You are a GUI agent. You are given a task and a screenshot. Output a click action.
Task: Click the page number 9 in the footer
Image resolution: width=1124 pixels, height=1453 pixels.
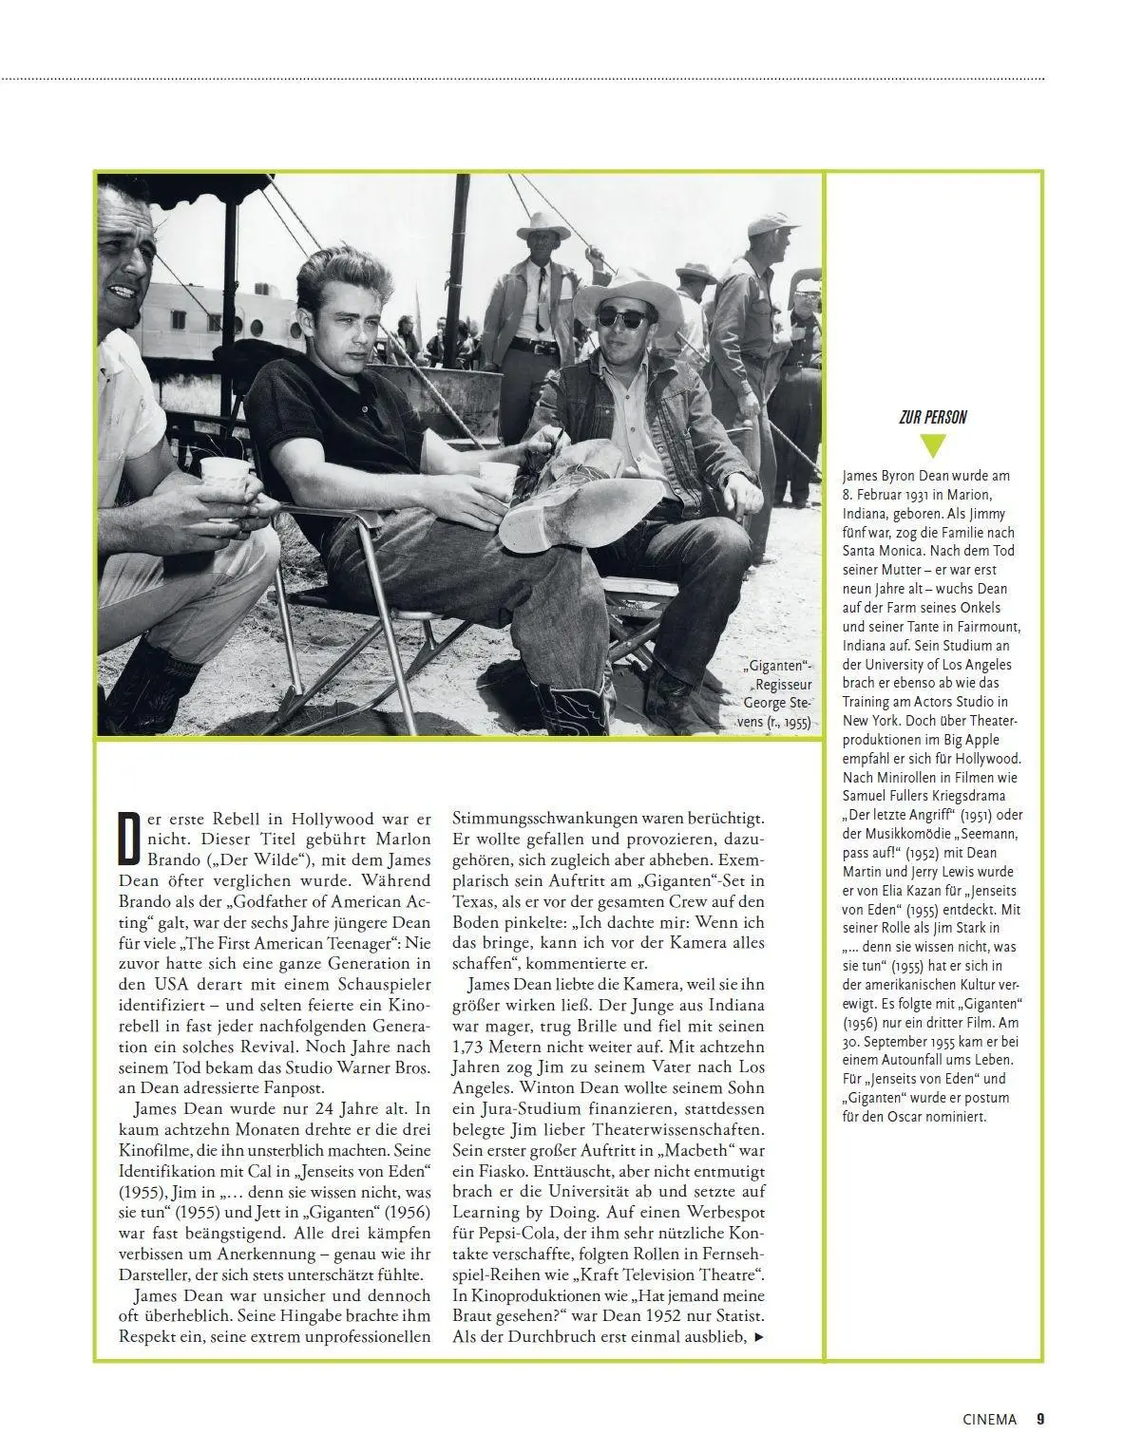[1040, 1419]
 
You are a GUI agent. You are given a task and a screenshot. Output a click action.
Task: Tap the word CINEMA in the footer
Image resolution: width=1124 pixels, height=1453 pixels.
[989, 1419]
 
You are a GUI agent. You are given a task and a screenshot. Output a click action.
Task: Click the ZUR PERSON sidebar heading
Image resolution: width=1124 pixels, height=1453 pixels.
[933, 417]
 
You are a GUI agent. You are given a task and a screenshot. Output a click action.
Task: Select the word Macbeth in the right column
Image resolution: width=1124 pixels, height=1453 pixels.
[684, 1150]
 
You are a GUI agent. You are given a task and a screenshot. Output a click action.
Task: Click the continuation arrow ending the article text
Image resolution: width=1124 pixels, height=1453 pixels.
[757, 1337]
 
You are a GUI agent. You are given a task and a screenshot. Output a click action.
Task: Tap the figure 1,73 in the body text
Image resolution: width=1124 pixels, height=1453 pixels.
[472, 1047]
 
